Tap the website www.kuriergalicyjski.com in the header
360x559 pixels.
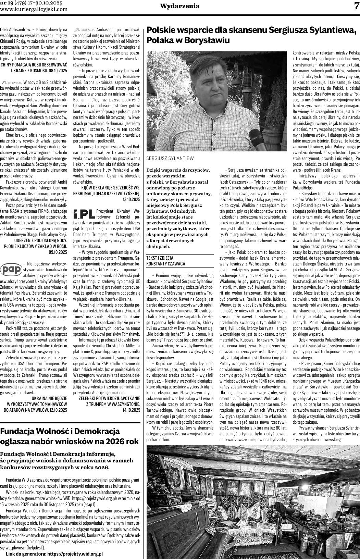pos(34,9)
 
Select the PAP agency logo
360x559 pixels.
pos(11,269)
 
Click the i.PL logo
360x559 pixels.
pos(84,214)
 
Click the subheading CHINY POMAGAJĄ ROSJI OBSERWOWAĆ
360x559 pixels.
pos(34,64)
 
